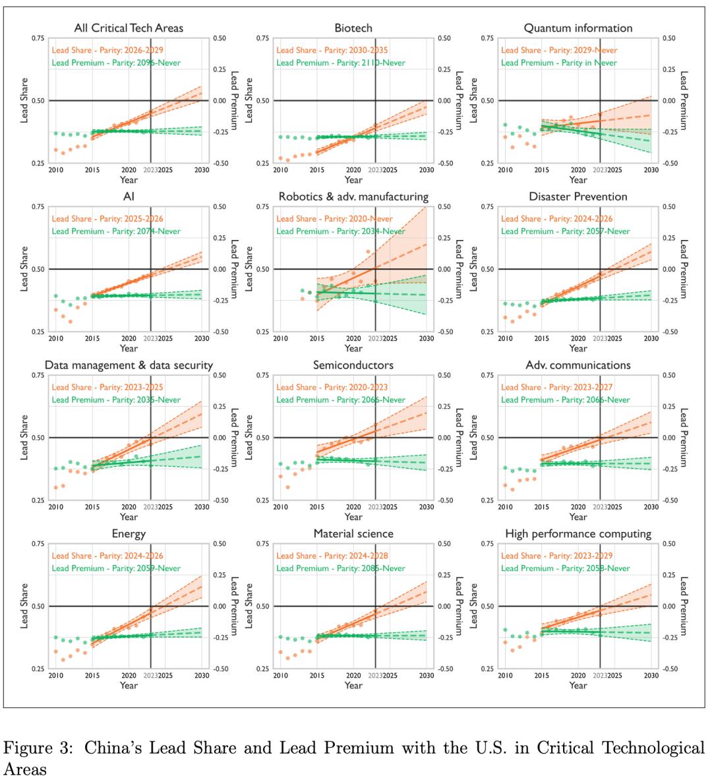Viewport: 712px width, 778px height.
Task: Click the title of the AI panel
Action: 129,196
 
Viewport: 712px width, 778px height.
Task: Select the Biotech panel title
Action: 353,28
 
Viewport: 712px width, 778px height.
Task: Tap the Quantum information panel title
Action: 578,28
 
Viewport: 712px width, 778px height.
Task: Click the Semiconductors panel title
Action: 353,365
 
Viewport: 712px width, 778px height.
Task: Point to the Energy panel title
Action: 129,533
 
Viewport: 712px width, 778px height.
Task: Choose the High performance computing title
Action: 578,533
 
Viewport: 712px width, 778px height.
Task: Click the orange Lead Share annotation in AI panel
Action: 107,219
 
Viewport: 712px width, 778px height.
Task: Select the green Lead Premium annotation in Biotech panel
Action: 341,63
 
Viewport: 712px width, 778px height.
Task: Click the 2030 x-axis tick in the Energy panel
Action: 202,676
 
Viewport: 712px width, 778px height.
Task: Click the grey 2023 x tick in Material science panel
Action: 376,676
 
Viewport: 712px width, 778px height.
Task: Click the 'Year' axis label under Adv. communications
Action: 578,517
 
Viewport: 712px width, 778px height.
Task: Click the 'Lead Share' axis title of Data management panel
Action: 24,437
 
